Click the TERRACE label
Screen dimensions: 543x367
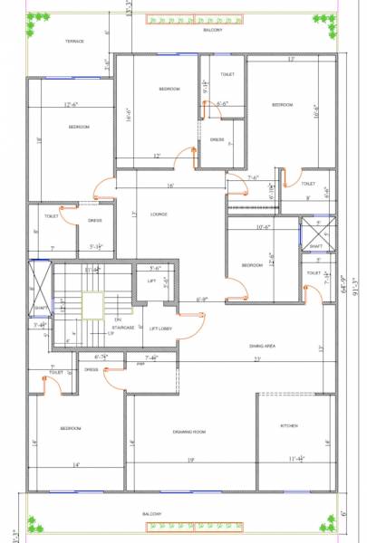(x=74, y=41)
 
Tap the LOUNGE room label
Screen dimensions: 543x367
(x=159, y=214)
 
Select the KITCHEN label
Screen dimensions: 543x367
(x=289, y=425)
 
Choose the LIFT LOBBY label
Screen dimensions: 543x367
(x=160, y=328)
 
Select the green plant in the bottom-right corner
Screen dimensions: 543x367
(x=329, y=522)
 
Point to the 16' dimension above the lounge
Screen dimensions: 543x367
(x=169, y=186)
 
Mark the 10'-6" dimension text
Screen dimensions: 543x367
(x=265, y=227)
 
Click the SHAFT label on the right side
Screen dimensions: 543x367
(x=315, y=246)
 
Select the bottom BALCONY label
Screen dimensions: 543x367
(x=152, y=514)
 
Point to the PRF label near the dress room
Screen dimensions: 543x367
(x=141, y=363)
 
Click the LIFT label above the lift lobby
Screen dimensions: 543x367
(x=152, y=281)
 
